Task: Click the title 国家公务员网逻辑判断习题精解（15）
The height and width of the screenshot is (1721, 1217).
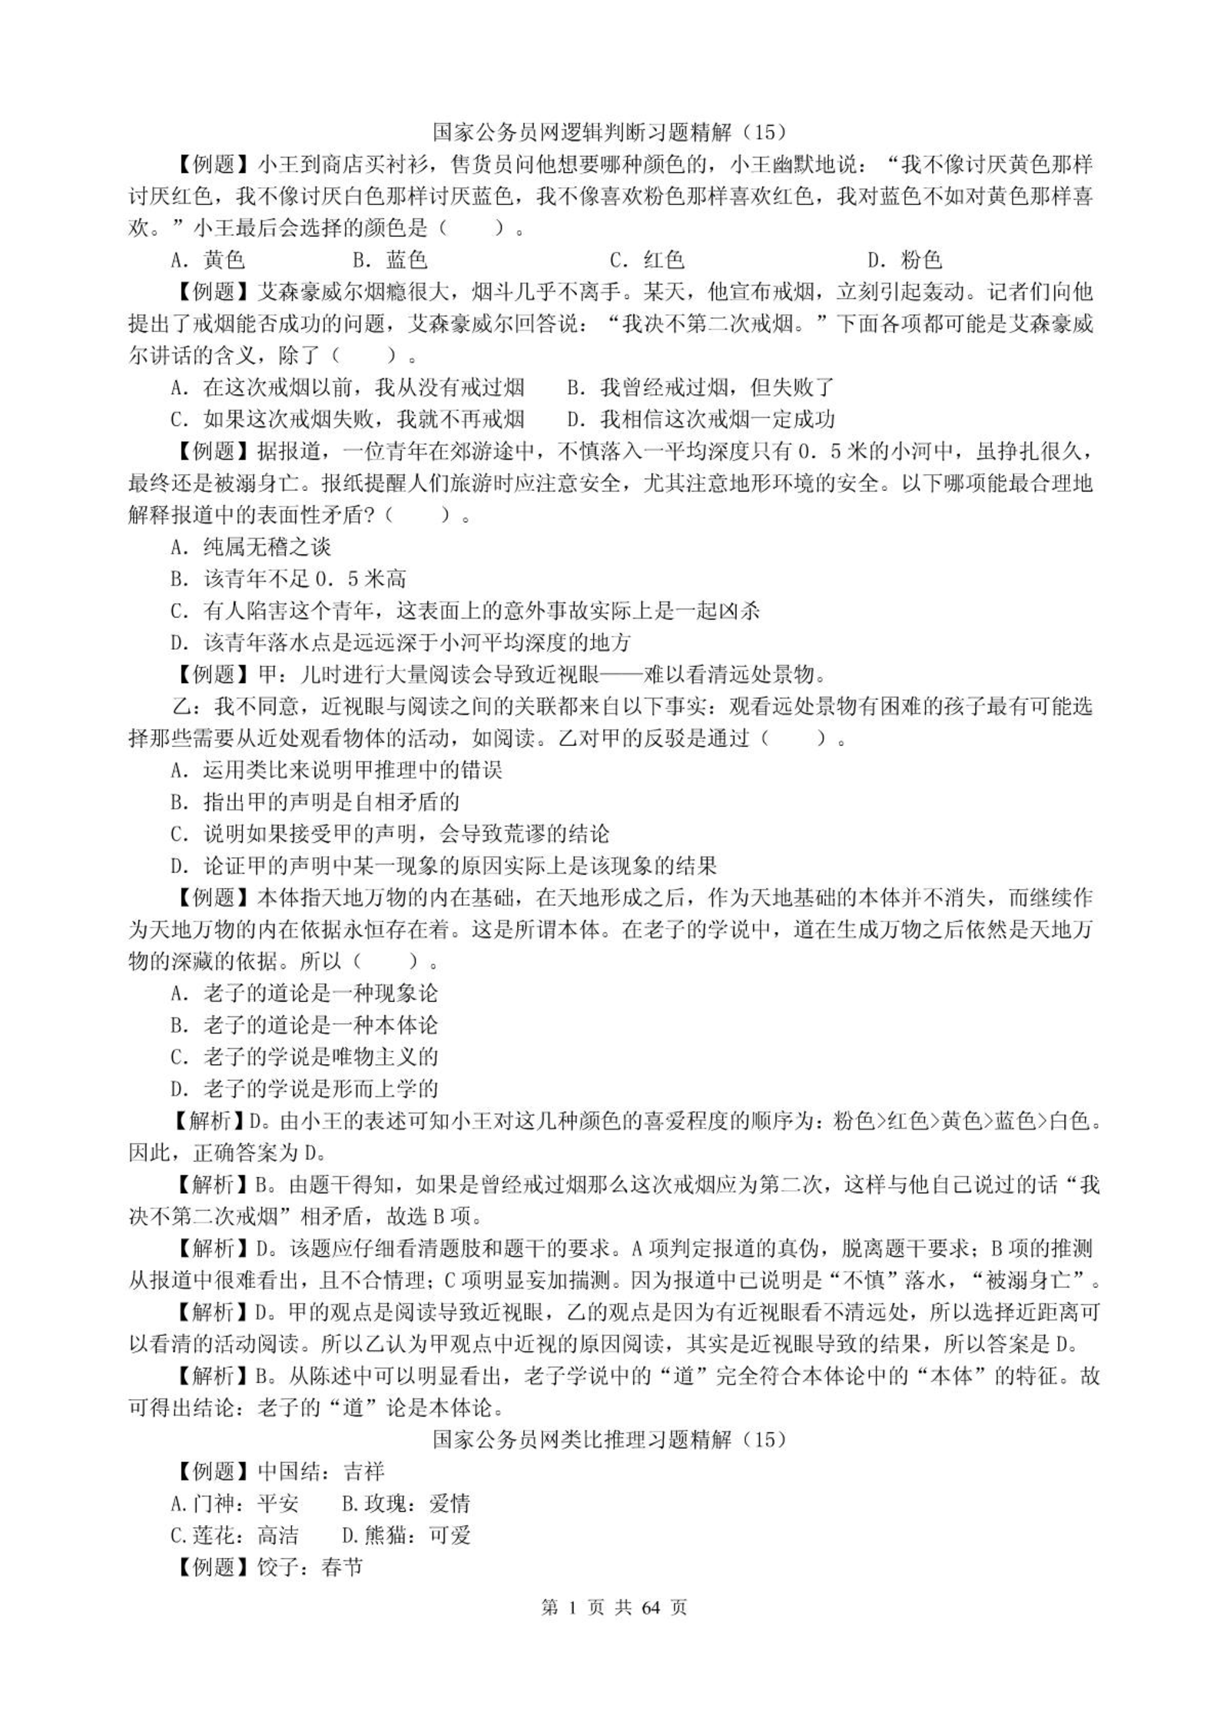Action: coord(609,132)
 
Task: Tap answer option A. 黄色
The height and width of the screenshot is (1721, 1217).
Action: coord(207,260)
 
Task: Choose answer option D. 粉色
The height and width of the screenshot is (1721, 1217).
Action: coord(904,260)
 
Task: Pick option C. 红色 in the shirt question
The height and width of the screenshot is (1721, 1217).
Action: coord(647,260)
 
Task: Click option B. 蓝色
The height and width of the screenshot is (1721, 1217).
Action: coord(390,260)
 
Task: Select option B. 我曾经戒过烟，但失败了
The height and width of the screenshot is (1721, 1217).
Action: coord(701,387)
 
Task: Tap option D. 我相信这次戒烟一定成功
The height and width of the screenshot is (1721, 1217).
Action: coord(701,419)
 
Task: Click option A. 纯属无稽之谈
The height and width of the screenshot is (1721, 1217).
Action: coord(250,547)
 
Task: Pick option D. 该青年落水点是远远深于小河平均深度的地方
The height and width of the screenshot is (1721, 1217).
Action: coord(400,642)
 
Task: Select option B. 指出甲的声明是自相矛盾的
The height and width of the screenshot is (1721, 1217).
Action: coord(315,802)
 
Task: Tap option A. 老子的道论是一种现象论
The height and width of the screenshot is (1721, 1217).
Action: coord(304,993)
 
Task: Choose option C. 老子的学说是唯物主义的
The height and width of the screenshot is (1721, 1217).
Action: coord(304,1057)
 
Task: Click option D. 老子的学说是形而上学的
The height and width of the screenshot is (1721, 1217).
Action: coord(304,1089)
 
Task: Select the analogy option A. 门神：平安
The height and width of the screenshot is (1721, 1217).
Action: coord(234,1503)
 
